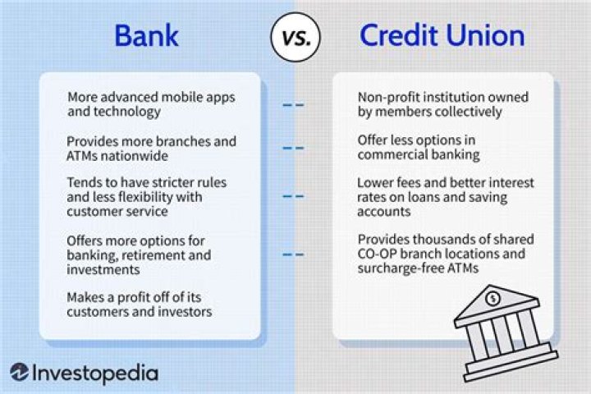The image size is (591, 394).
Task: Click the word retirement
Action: point(144,255)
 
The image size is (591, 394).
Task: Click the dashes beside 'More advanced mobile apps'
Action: point(293,104)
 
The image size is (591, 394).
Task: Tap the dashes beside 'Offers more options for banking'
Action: point(293,254)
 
